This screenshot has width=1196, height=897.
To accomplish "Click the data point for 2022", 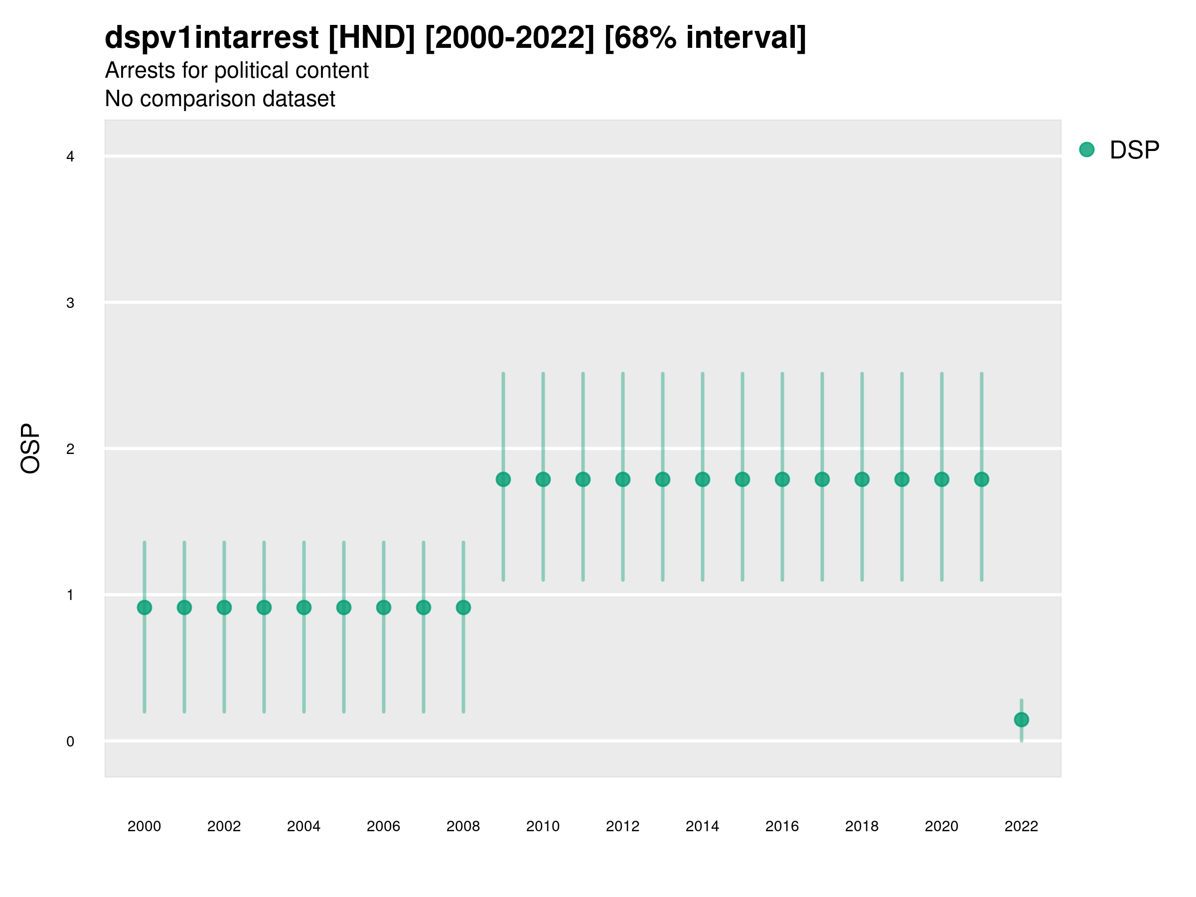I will [x=1022, y=720].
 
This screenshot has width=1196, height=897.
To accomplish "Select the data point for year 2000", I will [x=145, y=608].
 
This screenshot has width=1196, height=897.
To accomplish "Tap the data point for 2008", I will [x=463, y=608].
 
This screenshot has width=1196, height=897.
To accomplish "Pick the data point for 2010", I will [x=543, y=479].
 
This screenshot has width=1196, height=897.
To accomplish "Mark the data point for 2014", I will [x=702, y=479].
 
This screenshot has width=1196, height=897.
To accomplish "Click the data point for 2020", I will [x=942, y=479].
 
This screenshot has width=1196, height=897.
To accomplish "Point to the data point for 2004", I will [x=304, y=608].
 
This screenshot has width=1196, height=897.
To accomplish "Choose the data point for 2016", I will [x=782, y=479].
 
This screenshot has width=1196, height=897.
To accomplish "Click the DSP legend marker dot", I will [x=1087, y=150].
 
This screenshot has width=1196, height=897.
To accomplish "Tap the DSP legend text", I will [x=1134, y=150].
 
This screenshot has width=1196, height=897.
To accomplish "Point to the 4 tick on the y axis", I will [x=70, y=157].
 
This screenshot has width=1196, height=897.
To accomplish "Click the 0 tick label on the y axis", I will [x=70, y=742].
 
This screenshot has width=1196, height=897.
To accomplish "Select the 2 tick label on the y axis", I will [x=70, y=449].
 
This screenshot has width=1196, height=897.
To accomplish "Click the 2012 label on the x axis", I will [x=622, y=827].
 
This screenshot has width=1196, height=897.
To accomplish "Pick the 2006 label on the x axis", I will [x=383, y=827].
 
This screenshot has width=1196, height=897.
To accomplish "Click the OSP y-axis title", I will [x=31, y=449].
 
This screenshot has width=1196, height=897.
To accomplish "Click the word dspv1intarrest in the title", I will [x=211, y=38].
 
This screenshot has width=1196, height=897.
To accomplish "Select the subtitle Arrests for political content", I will [x=237, y=71].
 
